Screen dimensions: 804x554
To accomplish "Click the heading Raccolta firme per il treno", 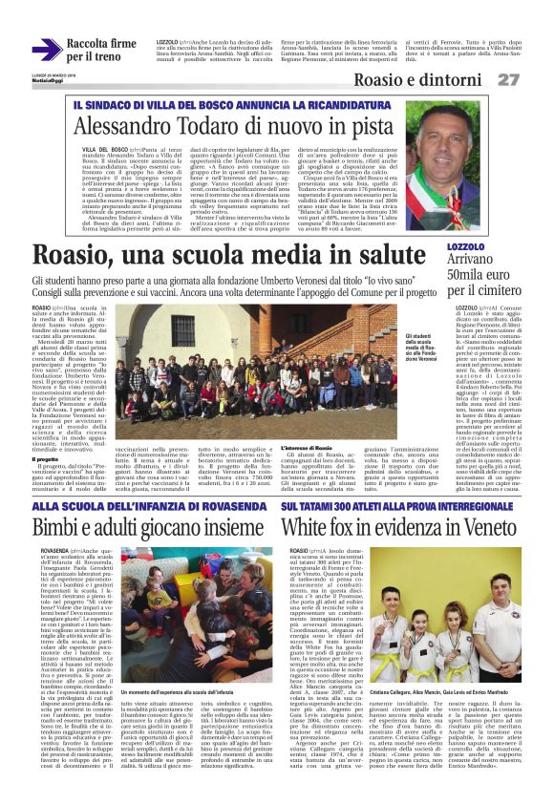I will coord(96,51).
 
